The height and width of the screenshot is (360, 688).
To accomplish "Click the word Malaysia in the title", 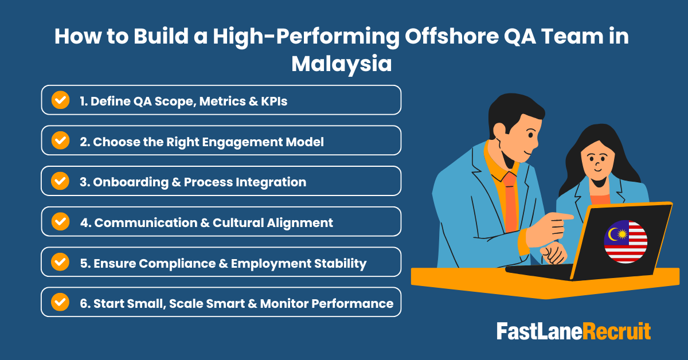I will click(341, 64).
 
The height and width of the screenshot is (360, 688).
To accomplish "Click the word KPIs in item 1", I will click(271, 101).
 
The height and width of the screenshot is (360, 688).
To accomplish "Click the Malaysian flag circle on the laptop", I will click(626, 241).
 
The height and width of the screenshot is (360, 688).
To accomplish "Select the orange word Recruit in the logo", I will click(617, 331).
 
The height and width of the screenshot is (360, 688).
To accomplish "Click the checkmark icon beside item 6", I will click(60, 302).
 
